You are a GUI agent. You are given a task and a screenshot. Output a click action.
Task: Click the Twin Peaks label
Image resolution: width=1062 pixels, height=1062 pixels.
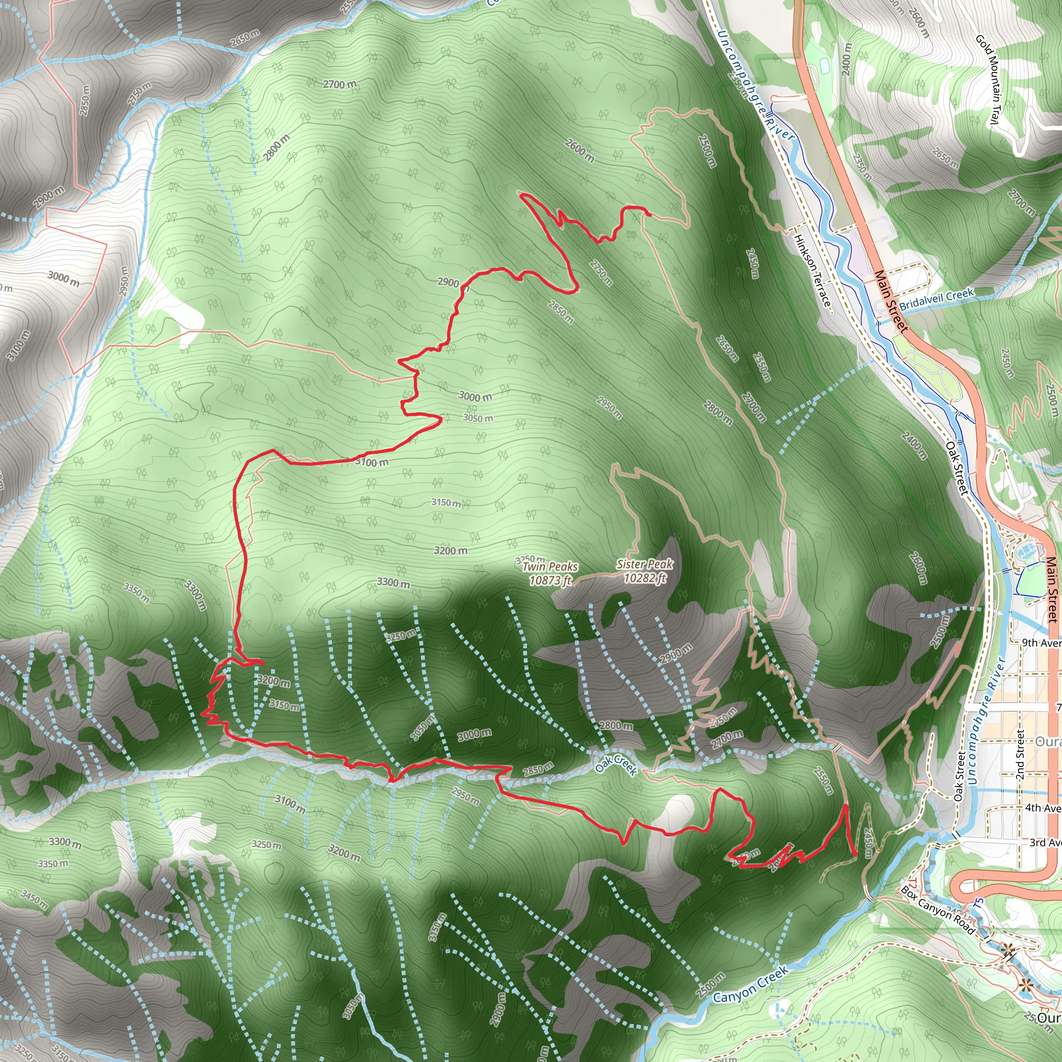550,566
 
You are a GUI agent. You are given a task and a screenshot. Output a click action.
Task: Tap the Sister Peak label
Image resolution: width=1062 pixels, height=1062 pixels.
645,564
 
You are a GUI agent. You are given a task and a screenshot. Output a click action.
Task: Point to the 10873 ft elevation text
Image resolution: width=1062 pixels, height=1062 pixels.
550,580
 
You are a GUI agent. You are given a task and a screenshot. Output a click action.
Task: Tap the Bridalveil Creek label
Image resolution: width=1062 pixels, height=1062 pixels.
937,299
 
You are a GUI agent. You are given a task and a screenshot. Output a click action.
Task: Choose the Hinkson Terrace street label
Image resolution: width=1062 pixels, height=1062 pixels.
813,273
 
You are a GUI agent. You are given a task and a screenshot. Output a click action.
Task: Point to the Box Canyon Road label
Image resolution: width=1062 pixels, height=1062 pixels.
938,910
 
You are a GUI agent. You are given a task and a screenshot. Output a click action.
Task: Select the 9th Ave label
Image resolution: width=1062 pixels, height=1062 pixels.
1041,642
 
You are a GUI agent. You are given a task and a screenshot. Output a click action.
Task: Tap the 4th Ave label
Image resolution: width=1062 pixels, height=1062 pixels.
1043,807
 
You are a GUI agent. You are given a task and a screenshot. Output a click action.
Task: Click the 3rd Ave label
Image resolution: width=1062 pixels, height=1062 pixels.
1045,842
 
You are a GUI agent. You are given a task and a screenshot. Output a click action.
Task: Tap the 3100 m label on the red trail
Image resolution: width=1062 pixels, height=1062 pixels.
372,462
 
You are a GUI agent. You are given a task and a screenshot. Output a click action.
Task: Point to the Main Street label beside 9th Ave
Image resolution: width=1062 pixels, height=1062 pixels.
1051,590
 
